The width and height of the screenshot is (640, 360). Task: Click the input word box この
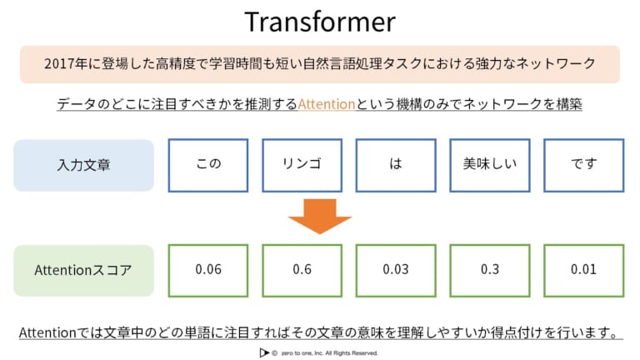click(208, 164)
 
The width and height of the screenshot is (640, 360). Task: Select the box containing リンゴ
click(302, 164)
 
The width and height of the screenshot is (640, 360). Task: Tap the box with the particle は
click(395, 164)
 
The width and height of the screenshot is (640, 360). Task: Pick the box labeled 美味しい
click(490, 164)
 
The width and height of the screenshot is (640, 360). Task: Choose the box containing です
click(583, 164)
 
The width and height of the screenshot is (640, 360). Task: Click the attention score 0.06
click(208, 270)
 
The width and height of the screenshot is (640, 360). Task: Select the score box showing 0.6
click(302, 270)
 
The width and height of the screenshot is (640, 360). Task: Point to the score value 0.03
click(395, 270)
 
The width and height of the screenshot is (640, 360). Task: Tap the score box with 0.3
click(490, 270)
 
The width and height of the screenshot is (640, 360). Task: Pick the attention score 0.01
click(583, 270)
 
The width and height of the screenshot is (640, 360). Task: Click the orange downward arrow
click(320, 217)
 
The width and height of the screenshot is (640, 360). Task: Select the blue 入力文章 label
click(83, 165)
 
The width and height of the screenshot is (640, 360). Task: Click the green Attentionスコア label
click(83, 271)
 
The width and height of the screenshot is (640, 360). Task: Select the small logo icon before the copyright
click(264, 352)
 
